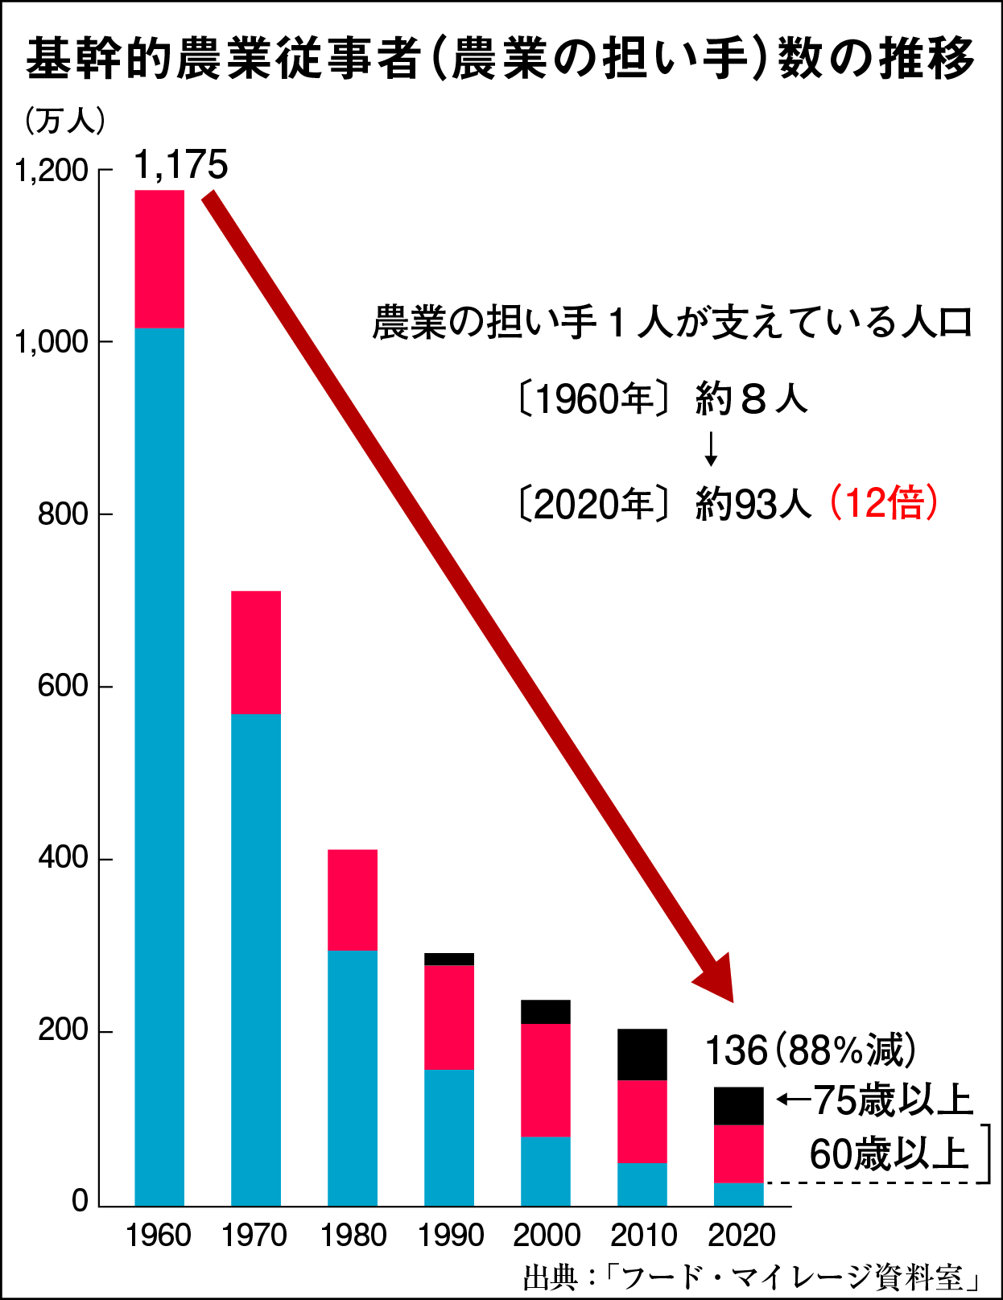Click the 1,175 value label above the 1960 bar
point(181,165)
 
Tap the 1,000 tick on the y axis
point(52,342)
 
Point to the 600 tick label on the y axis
point(63,686)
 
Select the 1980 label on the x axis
point(353,1236)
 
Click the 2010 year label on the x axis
point(643,1236)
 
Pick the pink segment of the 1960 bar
point(159,258)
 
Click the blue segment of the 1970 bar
point(256,958)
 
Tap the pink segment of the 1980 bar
point(353,900)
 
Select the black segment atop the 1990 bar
point(449,959)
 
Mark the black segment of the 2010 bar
point(642,1054)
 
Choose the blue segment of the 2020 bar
point(739,1194)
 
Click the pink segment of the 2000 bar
point(546,1079)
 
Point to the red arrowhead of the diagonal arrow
point(716,982)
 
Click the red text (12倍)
point(884,503)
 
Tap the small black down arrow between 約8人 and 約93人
point(711,449)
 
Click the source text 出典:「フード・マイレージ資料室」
point(752,1277)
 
